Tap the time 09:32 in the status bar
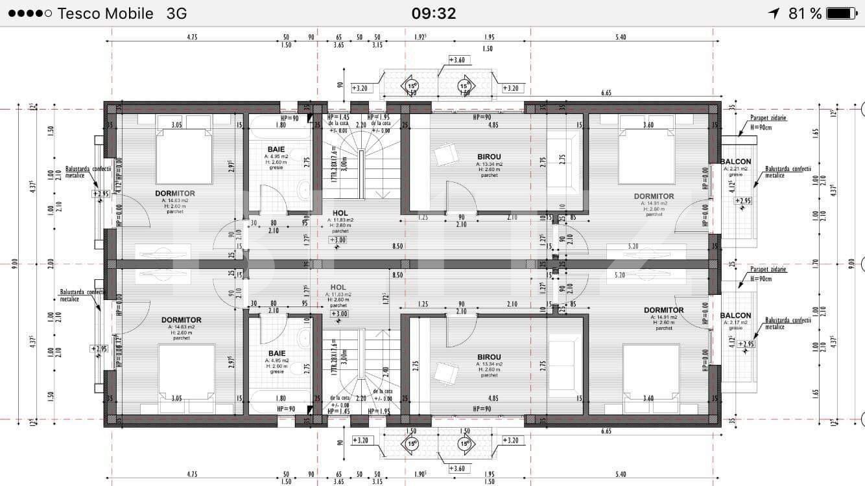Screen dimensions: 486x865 coord(433,13)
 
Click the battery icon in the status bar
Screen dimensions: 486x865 coord(841,13)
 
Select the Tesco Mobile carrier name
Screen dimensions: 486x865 coord(105,13)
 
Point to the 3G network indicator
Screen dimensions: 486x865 coord(177,13)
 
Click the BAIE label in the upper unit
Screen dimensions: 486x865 coord(276,149)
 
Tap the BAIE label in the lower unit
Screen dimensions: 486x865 coord(276,353)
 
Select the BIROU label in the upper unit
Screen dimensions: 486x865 coord(489,157)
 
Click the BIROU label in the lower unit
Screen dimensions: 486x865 coord(489,357)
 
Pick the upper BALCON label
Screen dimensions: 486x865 coord(735,161)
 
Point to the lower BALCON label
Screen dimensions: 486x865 coord(735,316)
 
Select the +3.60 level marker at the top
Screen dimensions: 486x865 coord(458,60)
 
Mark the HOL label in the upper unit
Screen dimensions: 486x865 coord(340,213)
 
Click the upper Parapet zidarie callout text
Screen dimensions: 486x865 coord(768,118)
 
